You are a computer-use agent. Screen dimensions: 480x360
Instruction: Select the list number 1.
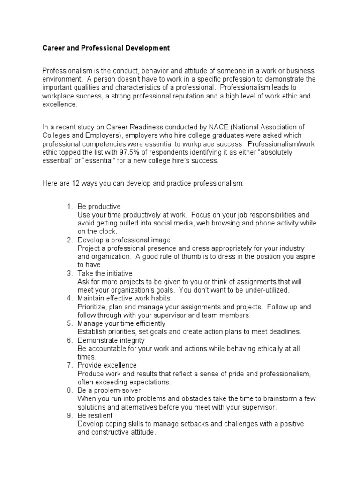[x=70, y=206]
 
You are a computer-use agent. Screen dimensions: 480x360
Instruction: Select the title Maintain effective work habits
[x=124, y=298]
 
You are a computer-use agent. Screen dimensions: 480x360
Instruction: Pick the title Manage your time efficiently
[x=121, y=323]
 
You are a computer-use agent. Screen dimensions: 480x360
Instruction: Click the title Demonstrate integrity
[x=111, y=340]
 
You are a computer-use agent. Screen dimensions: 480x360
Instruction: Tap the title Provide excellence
[x=107, y=365]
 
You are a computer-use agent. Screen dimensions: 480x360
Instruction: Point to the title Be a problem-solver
[x=109, y=390]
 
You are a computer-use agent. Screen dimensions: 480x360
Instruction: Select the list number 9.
[x=70, y=415]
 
